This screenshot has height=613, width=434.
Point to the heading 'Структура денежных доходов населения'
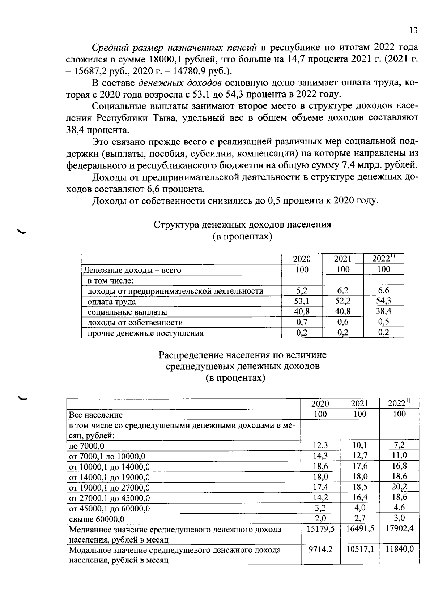(242, 225)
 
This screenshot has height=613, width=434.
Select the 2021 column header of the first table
(342, 259)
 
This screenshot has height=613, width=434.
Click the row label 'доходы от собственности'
(135, 323)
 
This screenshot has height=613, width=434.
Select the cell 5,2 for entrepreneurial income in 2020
(302, 290)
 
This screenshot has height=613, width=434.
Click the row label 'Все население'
(96, 415)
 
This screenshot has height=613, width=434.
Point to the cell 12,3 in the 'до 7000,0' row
(320, 445)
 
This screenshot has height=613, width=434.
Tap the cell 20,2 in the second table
(399, 487)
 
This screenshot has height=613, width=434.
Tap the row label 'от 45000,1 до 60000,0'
(110, 509)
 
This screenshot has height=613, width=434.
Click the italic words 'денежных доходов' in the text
(180, 83)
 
